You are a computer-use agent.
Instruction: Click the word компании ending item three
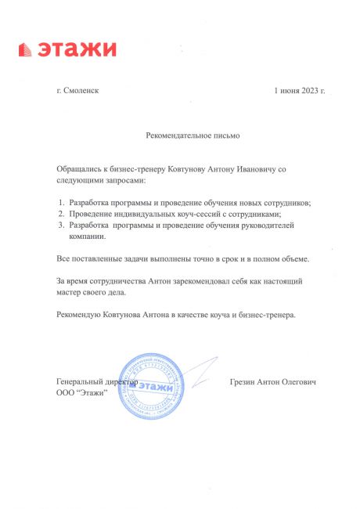88,236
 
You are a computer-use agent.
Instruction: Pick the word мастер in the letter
69,291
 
